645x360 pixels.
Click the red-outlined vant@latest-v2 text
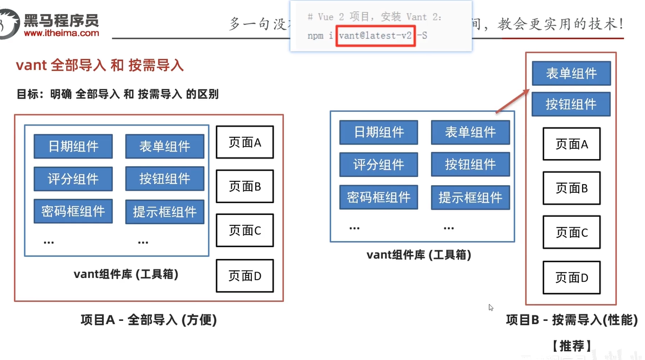(376, 36)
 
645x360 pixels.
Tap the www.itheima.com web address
(61, 33)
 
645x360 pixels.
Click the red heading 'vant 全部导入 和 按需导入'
(100, 66)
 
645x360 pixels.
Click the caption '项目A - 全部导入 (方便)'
(149, 320)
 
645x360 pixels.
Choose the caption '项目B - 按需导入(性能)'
(572, 320)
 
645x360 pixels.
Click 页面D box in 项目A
(245, 276)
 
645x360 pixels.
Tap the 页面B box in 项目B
(572, 188)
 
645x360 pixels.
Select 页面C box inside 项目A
(245, 230)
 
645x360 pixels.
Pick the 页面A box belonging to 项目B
(572, 144)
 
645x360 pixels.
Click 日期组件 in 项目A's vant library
(73, 146)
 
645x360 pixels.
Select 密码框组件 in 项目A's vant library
(73, 211)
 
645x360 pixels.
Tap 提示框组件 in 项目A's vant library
(165, 212)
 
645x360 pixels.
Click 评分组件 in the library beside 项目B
(379, 165)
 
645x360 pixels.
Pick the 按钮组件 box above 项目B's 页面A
(571, 104)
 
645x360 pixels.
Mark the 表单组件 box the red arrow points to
(571, 73)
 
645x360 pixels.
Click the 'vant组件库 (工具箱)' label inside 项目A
(126, 274)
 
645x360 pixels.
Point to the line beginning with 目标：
(118, 94)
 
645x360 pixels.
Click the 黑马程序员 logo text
(61, 21)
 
